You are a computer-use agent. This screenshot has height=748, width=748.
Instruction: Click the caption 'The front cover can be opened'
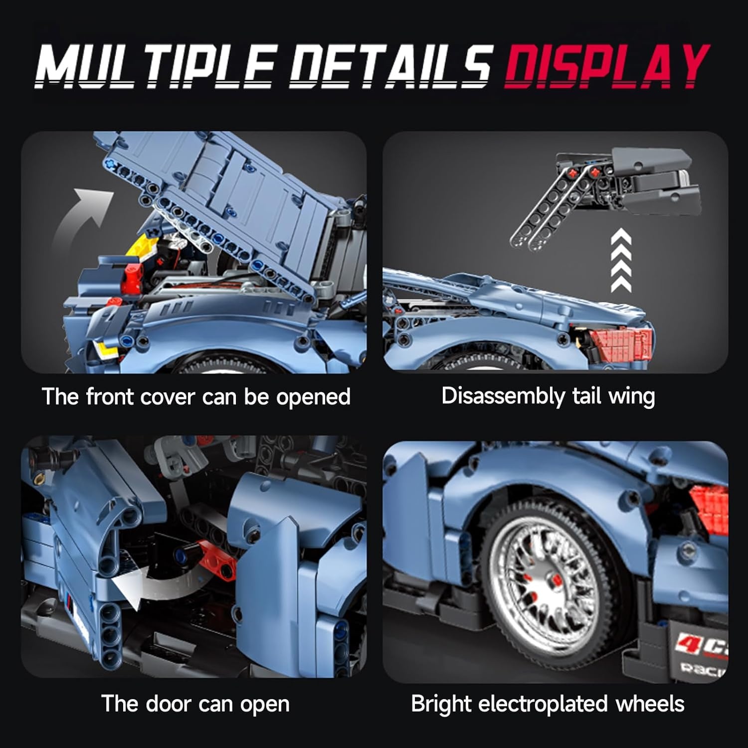[x=196, y=397]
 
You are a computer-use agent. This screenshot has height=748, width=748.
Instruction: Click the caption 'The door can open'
[x=195, y=704]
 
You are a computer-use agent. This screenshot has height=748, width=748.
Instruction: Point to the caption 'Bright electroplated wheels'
[x=548, y=704]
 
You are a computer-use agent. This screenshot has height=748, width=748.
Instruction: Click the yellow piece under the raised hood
[x=147, y=247]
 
